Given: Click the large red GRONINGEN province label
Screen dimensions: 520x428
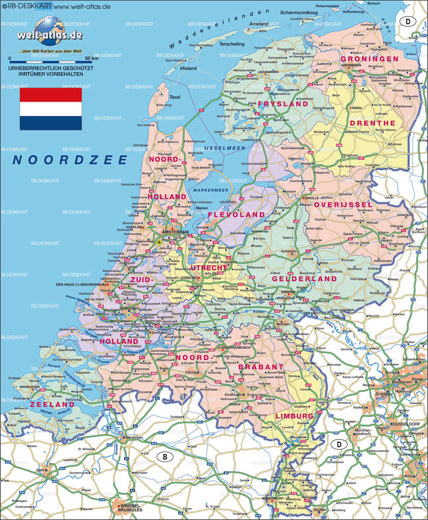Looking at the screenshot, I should pos(369,59).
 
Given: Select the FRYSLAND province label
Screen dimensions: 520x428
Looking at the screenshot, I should pos(283,104).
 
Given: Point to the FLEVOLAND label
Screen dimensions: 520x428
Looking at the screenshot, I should pos(236,215).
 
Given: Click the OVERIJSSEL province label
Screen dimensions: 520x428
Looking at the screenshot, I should pos(343,205).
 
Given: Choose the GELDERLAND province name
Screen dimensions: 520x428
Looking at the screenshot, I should pos(304,279).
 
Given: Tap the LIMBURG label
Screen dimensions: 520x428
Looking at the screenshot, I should pos(294,416).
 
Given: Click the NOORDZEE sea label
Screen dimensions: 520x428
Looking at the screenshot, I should pos(70,160).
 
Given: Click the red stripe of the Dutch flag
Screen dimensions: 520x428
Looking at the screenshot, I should pos(50,94).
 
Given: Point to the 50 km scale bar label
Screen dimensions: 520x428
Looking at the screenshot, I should pos(91,58).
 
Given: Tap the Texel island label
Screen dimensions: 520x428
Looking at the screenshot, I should pos(174,97).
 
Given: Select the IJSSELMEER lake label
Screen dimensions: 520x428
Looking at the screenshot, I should pos(224,148).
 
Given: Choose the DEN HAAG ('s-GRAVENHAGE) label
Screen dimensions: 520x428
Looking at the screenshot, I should pos(80,285).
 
